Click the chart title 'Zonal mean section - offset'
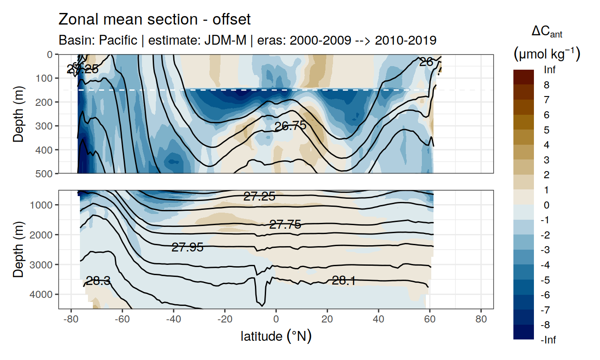click(x=154, y=20)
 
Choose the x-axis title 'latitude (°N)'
click(x=276, y=336)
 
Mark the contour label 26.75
click(x=290, y=126)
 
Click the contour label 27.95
click(x=187, y=247)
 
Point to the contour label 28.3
click(x=98, y=281)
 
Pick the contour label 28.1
click(x=344, y=280)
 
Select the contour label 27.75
click(x=285, y=225)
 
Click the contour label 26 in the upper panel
click(x=426, y=62)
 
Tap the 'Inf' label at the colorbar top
click(x=550, y=70)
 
